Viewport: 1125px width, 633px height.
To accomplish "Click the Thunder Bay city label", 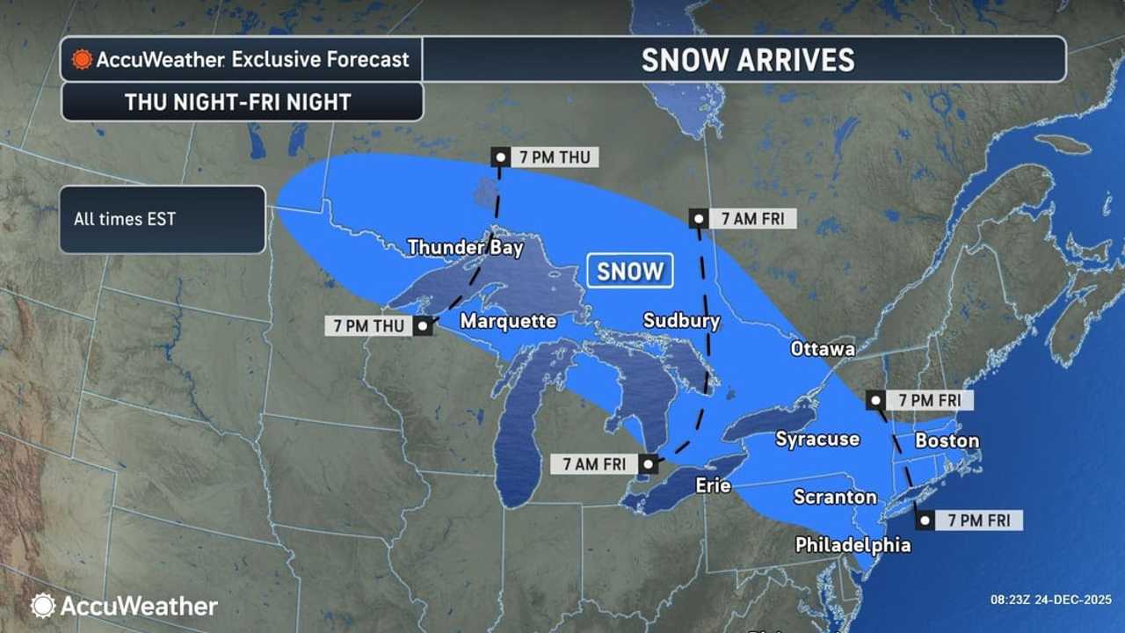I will (465, 248).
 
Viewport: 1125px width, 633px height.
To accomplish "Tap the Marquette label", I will (508, 321).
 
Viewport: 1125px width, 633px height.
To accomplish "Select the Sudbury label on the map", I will (681, 321).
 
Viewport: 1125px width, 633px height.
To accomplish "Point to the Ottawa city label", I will (823, 348).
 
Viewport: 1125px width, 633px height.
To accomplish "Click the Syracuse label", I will (817, 439).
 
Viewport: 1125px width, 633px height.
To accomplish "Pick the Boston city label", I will (947, 440).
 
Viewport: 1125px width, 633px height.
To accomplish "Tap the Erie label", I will (713, 485).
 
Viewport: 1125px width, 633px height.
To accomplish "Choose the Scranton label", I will (835, 498).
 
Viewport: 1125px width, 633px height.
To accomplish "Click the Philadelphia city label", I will (853, 545).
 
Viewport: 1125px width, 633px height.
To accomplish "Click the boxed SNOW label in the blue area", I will (629, 272).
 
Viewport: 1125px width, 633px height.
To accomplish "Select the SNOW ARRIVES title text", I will (747, 60).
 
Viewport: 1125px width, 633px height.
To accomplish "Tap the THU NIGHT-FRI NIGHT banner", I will (237, 102).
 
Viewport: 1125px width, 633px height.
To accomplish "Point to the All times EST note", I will (125, 219).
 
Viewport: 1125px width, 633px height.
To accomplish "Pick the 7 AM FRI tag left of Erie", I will (594, 464).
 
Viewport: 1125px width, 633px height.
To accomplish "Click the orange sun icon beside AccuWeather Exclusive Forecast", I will (82, 60).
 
